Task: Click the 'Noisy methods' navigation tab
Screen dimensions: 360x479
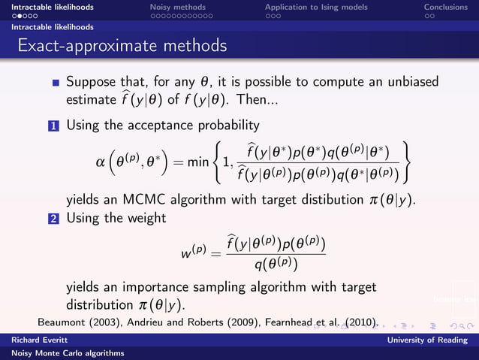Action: click(x=177, y=7)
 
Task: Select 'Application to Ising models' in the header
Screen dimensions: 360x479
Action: click(x=316, y=7)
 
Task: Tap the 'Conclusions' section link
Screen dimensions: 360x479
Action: click(x=446, y=7)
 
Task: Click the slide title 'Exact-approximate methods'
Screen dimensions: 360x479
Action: click(x=122, y=46)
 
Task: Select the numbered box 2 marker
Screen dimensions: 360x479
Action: click(x=56, y=219)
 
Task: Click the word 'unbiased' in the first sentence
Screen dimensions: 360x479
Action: click(x=409, y=81)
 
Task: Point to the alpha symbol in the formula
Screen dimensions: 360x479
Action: click(x=101, y=162)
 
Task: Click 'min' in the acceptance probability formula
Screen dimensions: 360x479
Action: click(x=197, y=162)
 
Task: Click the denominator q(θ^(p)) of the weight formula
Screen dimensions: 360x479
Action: click(x=276, y=265)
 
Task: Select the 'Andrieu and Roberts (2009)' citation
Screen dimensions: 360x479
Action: click(x=182, y=322)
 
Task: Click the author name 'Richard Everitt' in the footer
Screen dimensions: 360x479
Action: click(x=32, y=340)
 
